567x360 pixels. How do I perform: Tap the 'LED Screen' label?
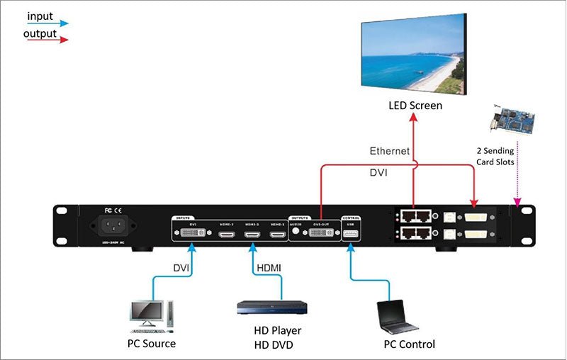click(x=415, y=106)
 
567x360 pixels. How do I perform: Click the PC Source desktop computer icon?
click(x=150, y=317)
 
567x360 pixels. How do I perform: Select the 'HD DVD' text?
click(x=272, y=345)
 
